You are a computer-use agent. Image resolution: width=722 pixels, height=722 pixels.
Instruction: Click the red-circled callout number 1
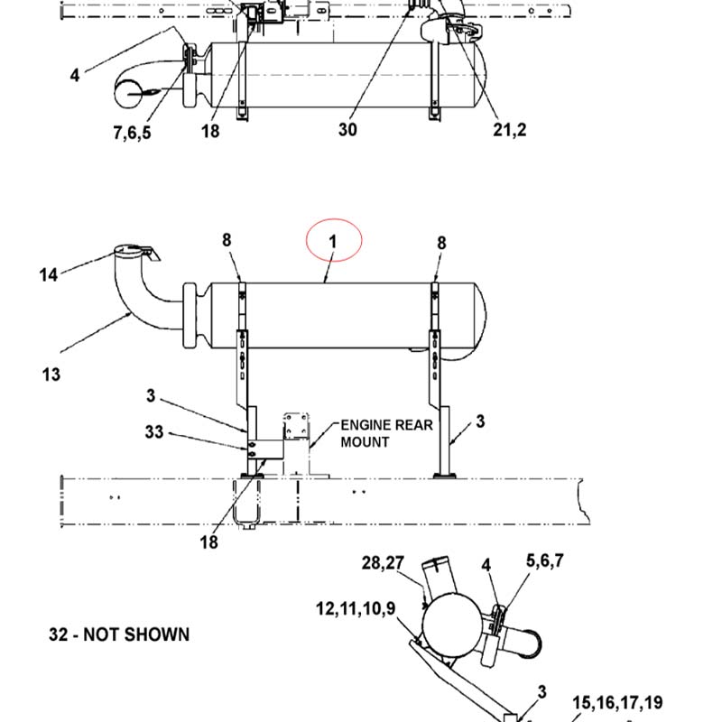pyautogui.click(x=333, y=242)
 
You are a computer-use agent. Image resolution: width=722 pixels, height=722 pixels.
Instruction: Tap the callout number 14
pyautogui.click(x=49, y=274)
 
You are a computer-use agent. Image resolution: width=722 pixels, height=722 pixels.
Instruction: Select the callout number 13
pyautogui.click(x=51, y=373)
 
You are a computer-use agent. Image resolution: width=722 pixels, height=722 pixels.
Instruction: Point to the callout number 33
pyautogui.click(x=153, y=432)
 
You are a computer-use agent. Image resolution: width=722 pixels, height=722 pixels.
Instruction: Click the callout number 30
pyautogui.click(x=347, y=130)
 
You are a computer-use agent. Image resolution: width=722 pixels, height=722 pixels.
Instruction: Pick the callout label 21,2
pyautogui.click(x=509, y=130)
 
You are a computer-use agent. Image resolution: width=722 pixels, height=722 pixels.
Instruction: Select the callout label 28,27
pyautogui.click(x=383, y=563)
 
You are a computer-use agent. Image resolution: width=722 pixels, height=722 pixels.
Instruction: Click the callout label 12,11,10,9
pyautogui.click(x=356, y=607)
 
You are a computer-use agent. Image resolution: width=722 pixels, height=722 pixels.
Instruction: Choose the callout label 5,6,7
pyautogui.click(x=545, y=560)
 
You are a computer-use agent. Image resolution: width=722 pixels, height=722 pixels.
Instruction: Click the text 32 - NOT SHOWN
pyautogui.click(x=119, y=634)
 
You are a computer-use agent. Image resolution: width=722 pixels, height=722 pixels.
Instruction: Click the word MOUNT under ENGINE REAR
pyautogui.click(x=365, y=442)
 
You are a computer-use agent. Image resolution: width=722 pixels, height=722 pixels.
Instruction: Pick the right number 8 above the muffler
pyautogui.click(x=441, y=242)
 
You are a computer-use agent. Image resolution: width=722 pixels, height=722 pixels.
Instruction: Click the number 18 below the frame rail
pyautogui.click(x=209, y=542)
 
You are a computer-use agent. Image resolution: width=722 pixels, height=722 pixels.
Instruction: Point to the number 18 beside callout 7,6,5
pyautogui.click(x=210, y=132)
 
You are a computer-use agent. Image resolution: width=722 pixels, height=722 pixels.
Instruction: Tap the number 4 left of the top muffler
pyautogui.click(x=75, y=76)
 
